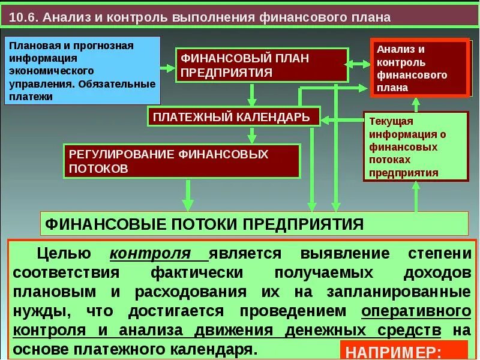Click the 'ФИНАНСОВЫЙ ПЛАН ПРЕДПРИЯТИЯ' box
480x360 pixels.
click(262, 65)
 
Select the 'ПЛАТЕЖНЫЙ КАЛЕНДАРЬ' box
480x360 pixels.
click(234, 116)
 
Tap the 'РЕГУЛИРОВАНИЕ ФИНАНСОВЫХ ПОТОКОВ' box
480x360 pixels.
click(182, 161)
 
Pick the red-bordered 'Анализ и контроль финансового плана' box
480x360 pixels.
click(419, 68)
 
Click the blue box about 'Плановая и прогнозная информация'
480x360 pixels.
click(83, 70)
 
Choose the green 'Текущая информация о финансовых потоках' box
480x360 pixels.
click(415, 147)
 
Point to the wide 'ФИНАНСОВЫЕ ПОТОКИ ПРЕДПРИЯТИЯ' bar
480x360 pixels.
click(254, 224)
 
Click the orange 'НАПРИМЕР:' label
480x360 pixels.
click(404, 351)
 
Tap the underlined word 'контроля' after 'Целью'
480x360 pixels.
click(158, 253)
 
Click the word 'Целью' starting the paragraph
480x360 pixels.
click(64, 253)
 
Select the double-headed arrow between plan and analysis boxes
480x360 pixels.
click(359, 62)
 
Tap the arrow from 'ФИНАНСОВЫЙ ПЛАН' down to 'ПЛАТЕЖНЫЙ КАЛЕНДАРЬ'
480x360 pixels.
click(252, 95)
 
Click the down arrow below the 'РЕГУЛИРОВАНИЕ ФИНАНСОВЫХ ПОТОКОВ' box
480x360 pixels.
click(188, 194)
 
